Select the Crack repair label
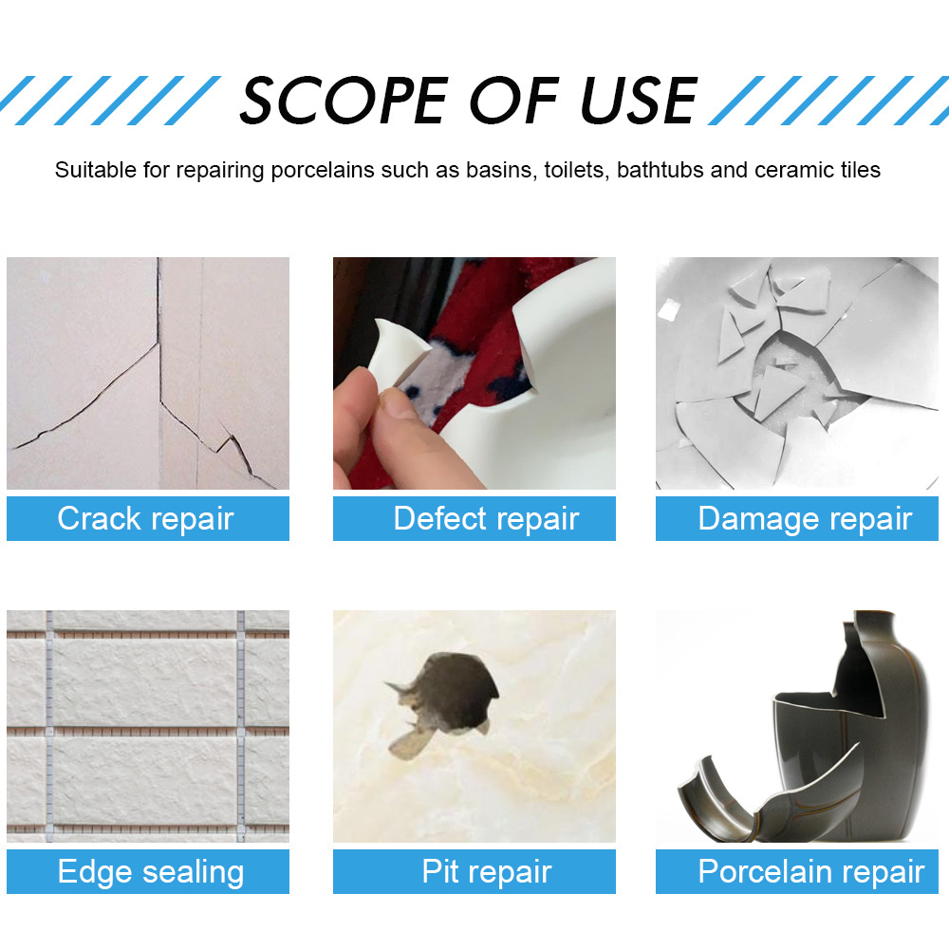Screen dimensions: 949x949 pyautogui.click(x=146, y=518)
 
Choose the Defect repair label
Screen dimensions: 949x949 pyautogui.click(x=485, y=518)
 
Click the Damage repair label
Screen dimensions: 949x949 pyautogui.click(x=804, y=518)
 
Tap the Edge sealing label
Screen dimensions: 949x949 pyautogui.click(x=150, y=871)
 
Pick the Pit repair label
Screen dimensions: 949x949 pyautogui.click(x=487, y=871)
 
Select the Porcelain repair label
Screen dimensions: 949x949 pyautogui.click(x=810, y=871)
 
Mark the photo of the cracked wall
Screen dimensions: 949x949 pyautogui.click(x=148, y=373)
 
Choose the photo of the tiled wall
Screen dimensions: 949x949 pyautogui.click(x=148, y=726)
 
